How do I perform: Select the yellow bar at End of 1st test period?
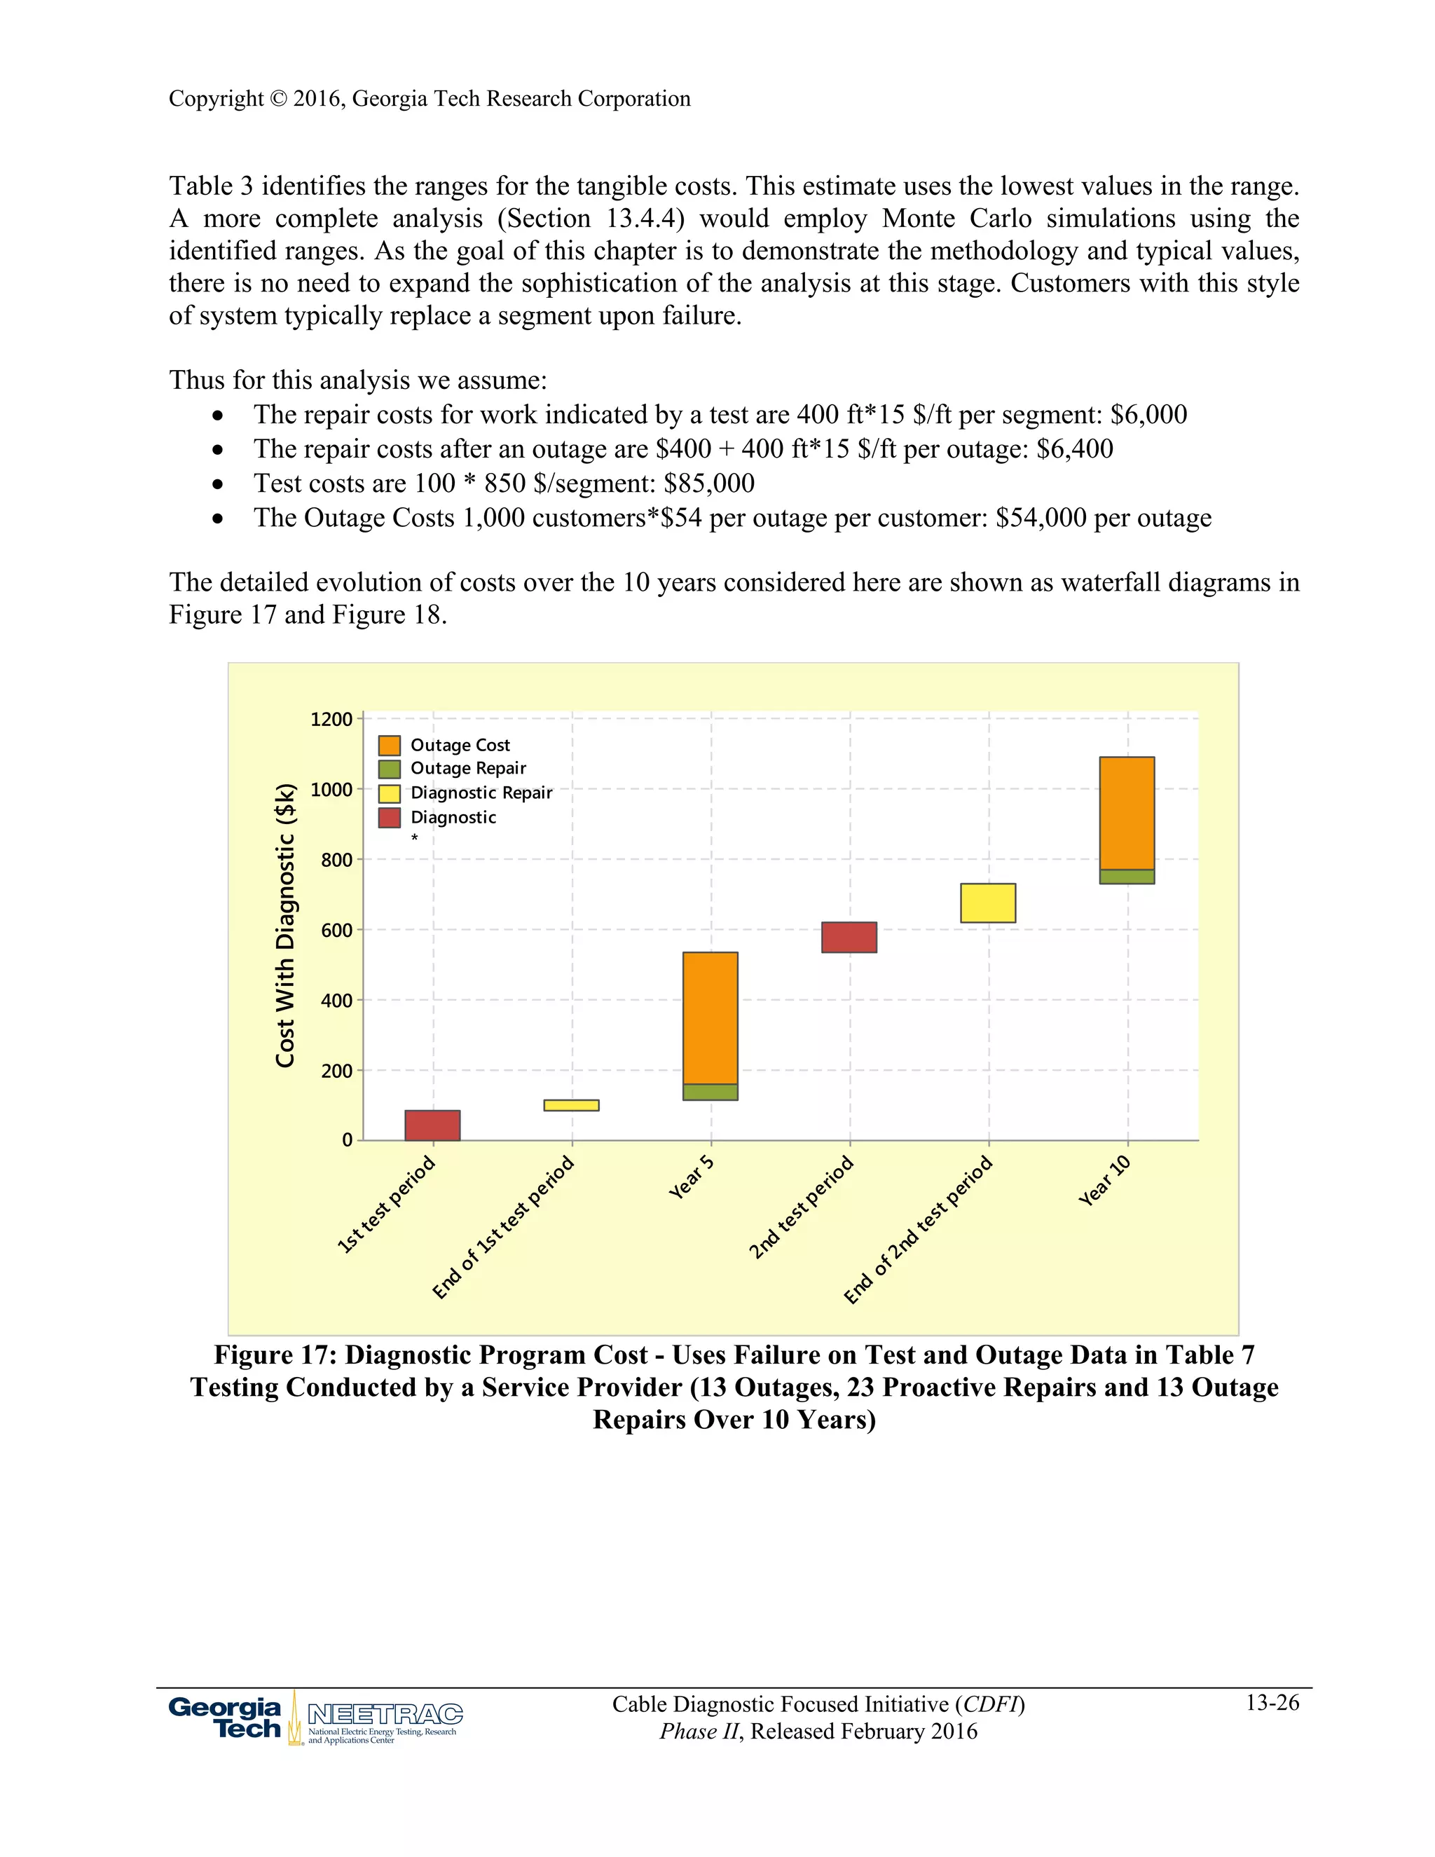pos(571,1104)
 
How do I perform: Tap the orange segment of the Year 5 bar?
pos(710,1017)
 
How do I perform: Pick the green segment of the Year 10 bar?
pos(1127,877)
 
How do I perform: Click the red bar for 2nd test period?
pos(849,937)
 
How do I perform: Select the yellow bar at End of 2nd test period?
pos(988,903)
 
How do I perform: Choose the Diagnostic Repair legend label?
pos(481,793)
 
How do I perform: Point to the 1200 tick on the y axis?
pos(331,720)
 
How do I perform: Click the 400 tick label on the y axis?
pos(336,1001)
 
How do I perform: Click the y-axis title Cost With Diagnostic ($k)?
pos(286,924)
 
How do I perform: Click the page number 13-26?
pos(1272,1702)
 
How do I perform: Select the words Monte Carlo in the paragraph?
pos(956,219)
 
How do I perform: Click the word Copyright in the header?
pos(216,99)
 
